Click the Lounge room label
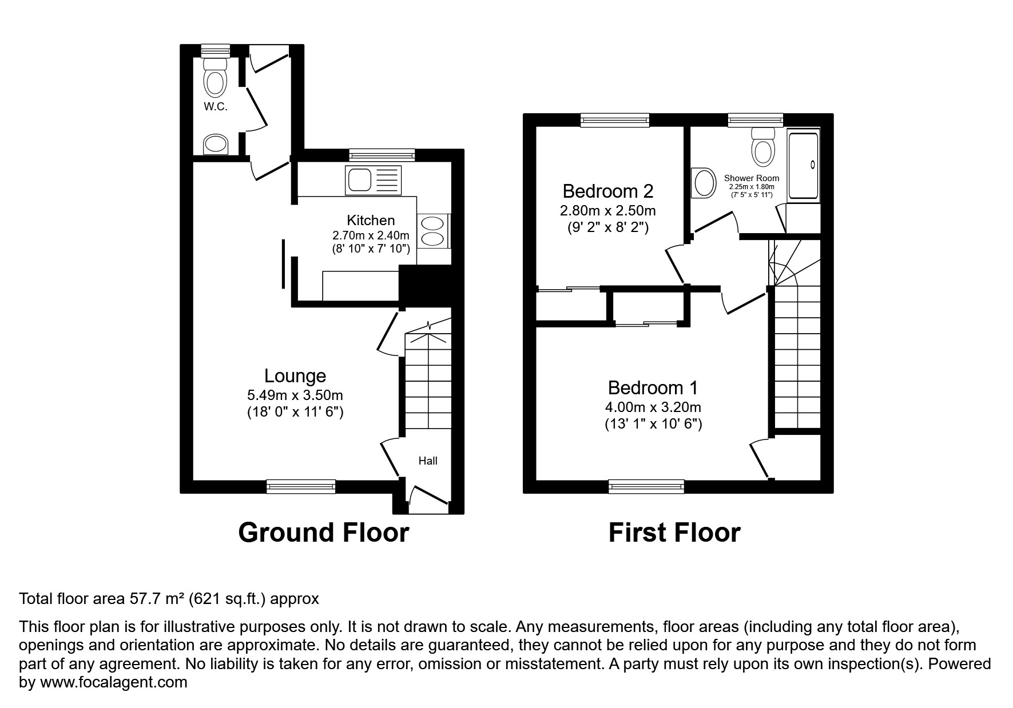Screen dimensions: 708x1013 [x=295, y=376]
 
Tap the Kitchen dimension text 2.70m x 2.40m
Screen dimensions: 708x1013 [x=371, y=235]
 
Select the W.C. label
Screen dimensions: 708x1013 [x=215, y=107]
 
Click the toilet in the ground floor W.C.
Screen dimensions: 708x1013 [x=216, y=79]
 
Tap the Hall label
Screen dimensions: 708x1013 [x=428, y=461]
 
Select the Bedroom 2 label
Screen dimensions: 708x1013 [x=607, y=191]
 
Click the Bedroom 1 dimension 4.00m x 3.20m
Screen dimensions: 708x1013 [x=653, y=407]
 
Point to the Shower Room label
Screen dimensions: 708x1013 [x=751, y=178]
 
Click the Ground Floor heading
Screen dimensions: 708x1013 [x=323, y=533]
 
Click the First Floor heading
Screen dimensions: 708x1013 [x=674, y=533]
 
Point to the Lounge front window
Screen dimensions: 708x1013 [x=301, y=486]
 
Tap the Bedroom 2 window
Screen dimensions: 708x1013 [x=615, y=119]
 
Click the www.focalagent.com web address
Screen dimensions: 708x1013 [x=112, y=682]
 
